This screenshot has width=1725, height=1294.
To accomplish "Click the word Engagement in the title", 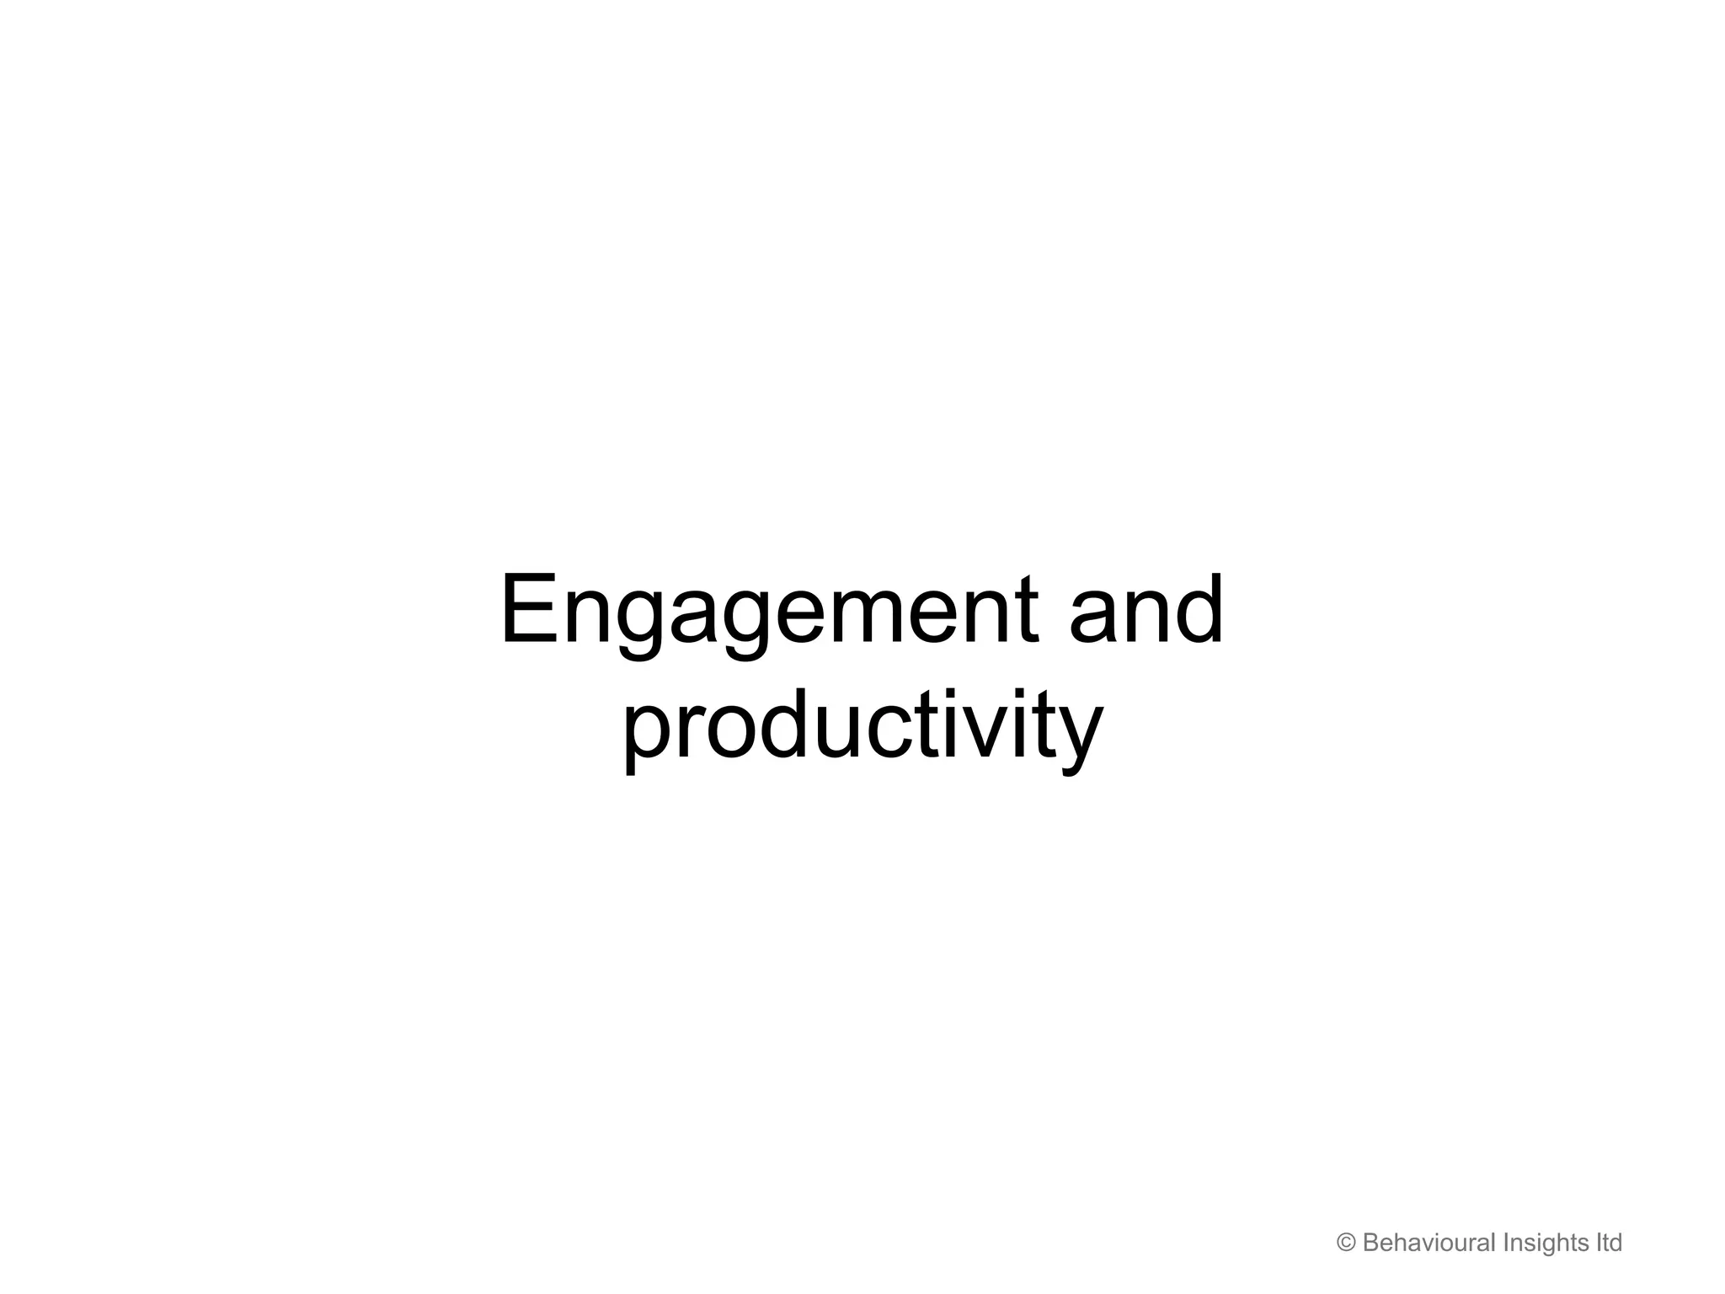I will coord(768,610).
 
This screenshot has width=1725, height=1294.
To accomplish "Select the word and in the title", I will coord(1146,610).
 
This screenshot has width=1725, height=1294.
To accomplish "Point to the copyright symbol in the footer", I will coord(1346,1243).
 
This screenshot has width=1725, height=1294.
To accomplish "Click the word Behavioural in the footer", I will coord(1429,1243).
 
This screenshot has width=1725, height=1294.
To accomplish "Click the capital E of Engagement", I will coord(530,610).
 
